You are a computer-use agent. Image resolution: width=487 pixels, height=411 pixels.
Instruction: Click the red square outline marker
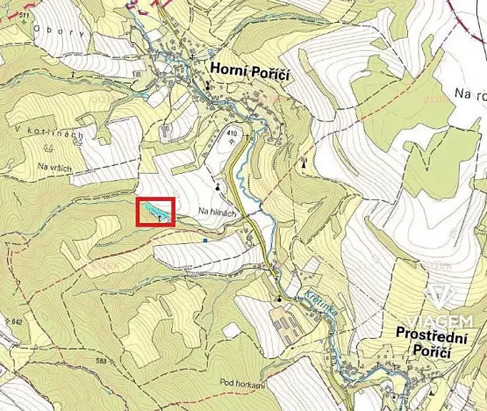click(156, 213)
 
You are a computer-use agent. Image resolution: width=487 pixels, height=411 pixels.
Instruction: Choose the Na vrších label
click(55, 167)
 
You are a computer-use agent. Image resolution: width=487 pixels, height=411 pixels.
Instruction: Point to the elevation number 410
click(233, 133)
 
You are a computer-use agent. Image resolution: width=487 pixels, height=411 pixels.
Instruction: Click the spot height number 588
click(105, 361)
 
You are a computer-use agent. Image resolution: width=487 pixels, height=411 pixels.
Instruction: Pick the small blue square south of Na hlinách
click(204, 239)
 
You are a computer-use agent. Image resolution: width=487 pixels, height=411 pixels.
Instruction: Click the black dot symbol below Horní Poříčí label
click(208, 86)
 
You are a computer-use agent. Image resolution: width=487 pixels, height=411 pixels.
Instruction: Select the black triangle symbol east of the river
click(304, 162)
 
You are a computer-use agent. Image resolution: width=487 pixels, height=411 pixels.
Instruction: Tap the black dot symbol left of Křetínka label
click(279, 299)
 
